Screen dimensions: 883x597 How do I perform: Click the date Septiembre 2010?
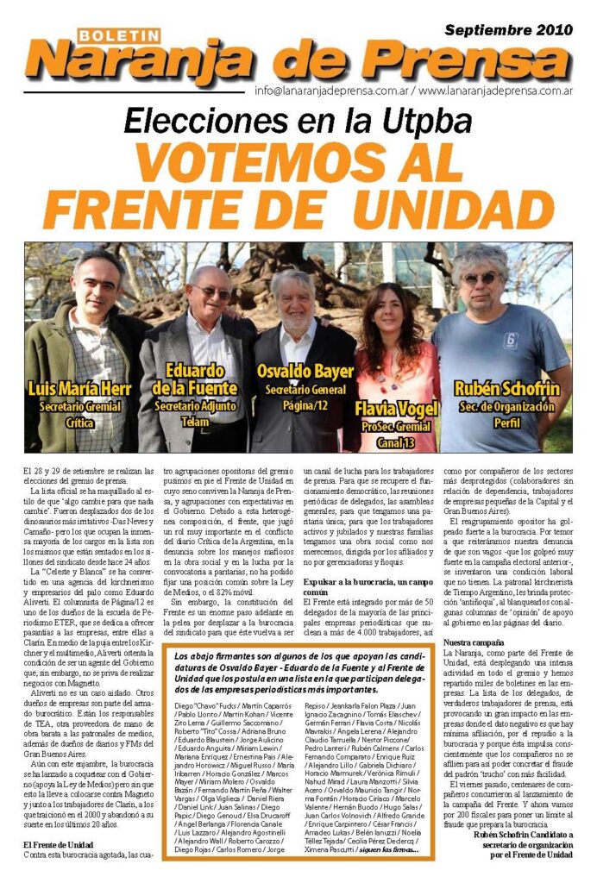tap(508, 29)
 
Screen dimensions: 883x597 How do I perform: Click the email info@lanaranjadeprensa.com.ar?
tap(332, 91)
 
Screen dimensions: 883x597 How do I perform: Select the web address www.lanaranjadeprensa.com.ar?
tap(497, 91)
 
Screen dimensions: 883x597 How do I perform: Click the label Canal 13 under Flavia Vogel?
tap(395, 442)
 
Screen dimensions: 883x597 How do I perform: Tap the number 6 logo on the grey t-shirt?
tap(510, 339)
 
